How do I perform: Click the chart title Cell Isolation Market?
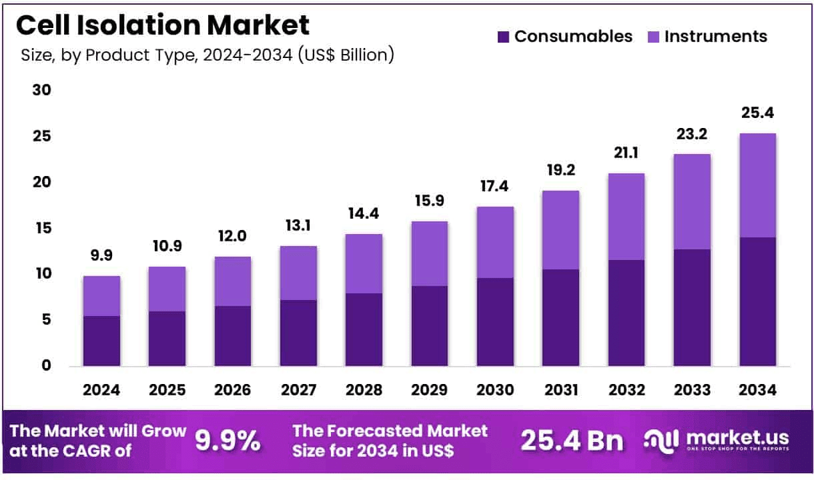(162, 25)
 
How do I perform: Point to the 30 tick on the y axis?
(42, 90)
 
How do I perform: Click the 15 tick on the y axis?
(42, 228)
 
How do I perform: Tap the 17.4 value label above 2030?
(494, 187)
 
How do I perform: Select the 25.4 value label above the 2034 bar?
(757, 114)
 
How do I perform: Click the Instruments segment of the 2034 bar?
(757, 185)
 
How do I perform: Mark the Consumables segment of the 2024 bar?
(101, 341)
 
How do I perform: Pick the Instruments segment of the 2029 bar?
(429, 253)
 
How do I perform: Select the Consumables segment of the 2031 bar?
(560, 317)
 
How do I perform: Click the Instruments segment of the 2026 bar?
(232, 281)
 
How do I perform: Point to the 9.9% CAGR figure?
(227, 441)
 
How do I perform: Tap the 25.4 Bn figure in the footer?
(572, 441)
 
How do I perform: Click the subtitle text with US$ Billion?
(208, 55)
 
